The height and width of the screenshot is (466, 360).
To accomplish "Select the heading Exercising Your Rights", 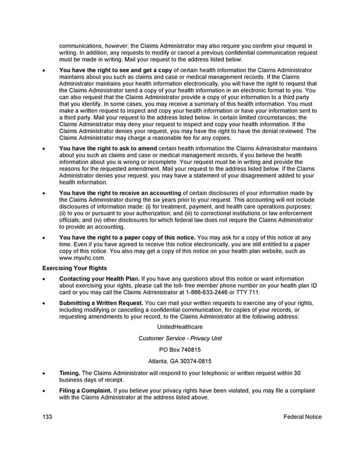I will coord(74,268).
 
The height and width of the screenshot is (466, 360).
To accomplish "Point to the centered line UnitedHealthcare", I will coord(180,327).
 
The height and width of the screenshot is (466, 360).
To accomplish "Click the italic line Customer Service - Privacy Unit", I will coord(180,338).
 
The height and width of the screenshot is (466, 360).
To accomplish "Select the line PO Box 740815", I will coord(180,349).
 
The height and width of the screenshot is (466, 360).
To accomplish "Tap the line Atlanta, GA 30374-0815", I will coord(180,361).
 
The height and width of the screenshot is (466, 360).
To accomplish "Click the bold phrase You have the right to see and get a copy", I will coord(115,70).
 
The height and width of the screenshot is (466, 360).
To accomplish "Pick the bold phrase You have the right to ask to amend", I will coord(108,148).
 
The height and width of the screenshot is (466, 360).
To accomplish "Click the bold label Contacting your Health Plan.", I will coord(100,279).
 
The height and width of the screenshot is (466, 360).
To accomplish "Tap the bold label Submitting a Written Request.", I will coord(101,303).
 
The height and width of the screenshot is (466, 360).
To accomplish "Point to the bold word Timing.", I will coord(70,373).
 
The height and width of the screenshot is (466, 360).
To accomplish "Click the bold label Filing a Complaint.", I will coord(85,390).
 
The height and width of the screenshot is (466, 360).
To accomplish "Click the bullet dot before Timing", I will coord(44,374).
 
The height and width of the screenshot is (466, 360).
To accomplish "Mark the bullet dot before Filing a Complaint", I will coord(44,391).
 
